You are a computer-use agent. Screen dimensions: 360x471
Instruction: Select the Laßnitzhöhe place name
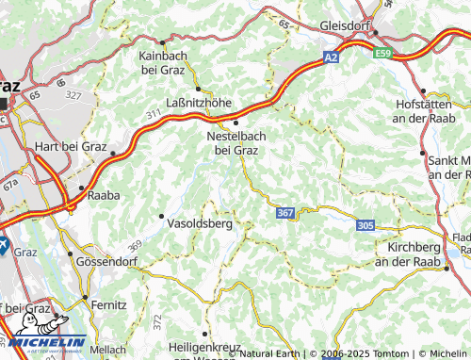click(x=198, y=104)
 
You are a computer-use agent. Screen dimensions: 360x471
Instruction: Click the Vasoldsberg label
click(x=198, y=225)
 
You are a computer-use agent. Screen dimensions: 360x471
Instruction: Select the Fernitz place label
click(x=108, y=305)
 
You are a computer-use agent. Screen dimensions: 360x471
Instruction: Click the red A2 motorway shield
click(x=331, y=57)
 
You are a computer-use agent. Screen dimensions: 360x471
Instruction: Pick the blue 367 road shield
click(x=285, y=214)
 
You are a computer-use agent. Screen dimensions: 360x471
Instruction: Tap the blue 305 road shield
click(x=365, y=224)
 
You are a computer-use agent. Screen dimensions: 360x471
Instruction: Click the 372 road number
click(x=156, y=321)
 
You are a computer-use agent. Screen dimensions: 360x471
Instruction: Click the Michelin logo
click(x=44, y=343)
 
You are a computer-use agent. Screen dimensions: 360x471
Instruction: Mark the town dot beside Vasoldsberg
click(x=162, y=217)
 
